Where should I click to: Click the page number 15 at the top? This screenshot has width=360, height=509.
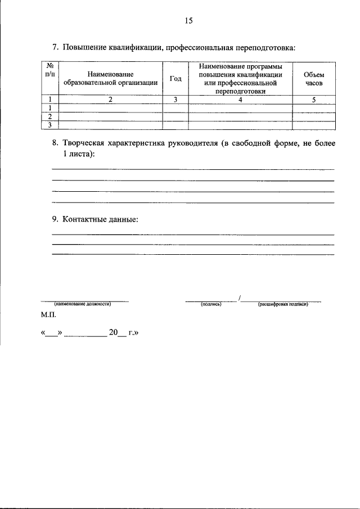coord(188,21)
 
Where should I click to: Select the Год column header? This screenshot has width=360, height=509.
coord(175,78)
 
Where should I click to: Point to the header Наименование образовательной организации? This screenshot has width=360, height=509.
coord(110,78)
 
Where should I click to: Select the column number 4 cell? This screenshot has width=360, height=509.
coord(240,100)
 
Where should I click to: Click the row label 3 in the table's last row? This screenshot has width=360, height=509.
coord(51,125)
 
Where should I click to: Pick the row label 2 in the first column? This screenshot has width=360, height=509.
coord(51,116)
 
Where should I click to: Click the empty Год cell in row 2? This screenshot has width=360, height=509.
coord(175,116)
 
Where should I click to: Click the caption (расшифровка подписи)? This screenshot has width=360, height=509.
coord(283,304)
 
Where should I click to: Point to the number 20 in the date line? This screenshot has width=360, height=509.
coord(113,332)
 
